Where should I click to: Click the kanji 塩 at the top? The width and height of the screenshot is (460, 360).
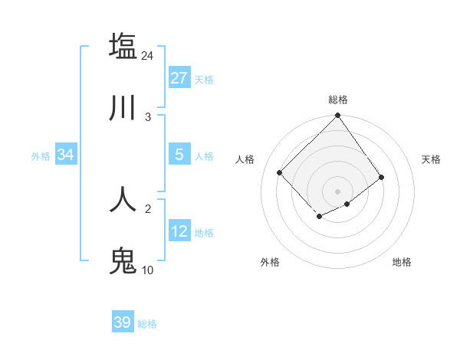coord(123,46)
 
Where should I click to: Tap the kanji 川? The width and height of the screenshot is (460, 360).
coord(123,109)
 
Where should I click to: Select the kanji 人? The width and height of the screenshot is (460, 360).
coord(123,199)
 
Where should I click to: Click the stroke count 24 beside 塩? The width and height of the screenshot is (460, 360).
coord(147,55)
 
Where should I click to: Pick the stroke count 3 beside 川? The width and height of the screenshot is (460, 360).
coord(148,117)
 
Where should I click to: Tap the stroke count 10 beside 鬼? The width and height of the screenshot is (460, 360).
coord(147,270)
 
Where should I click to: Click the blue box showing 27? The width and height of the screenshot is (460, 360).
coord(179,78)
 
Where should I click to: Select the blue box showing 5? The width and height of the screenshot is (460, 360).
coord(179,155)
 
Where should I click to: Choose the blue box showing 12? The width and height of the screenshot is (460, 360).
coord(179,231)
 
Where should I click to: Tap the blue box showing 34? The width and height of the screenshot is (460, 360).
coord(66,155)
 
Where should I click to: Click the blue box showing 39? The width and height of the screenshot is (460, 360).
coord(123,322)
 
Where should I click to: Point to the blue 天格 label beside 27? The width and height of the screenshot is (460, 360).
coord(204,80)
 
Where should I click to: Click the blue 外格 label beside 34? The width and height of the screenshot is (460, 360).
coord(41,156)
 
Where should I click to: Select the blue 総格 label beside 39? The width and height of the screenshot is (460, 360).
coord(147,324)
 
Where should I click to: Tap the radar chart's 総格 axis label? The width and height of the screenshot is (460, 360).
coord(337,100)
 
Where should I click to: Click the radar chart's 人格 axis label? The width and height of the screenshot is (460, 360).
coord(245,159)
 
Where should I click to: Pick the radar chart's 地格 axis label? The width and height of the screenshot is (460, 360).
coord(402,262)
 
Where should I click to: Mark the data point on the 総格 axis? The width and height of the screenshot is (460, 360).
coord(337,116)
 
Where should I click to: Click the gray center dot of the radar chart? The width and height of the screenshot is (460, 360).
coord(337,191)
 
